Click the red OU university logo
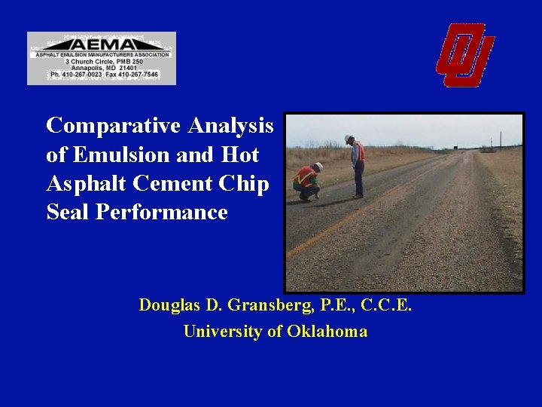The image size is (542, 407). click(x=464, y=55)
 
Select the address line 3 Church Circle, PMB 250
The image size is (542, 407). click(x=101, y=61)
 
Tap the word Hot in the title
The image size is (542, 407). click(x=240, y=155)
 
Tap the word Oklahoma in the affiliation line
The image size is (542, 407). click(x=327, y=331)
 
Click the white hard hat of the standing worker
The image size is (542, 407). click(x=349, y=139)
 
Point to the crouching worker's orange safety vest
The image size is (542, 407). click(x=306, y=178)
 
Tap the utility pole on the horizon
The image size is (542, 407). click(x=501, y=141)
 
